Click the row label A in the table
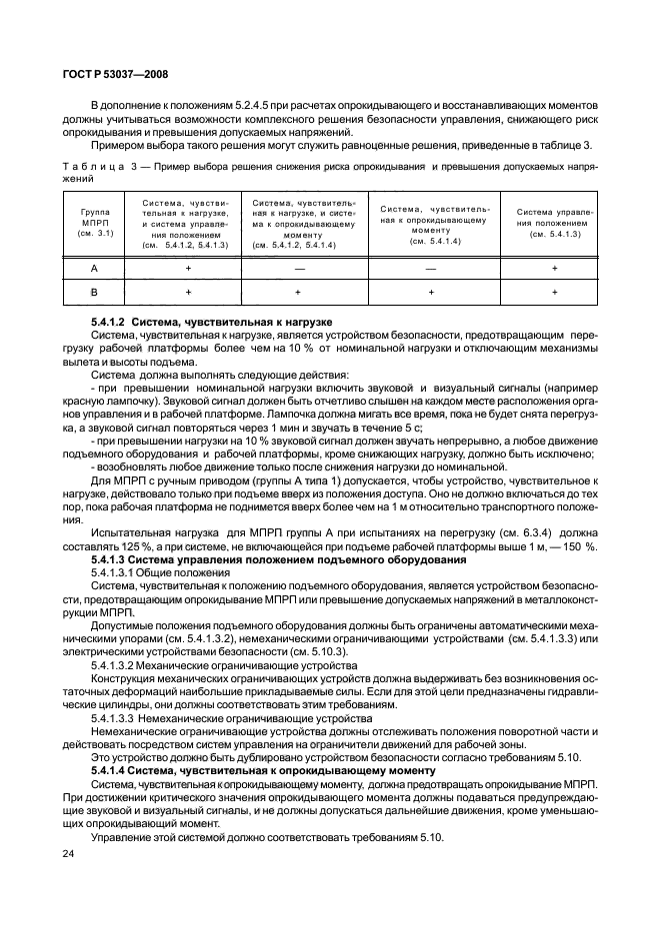tap(96, 269)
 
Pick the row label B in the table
tap(96, 292)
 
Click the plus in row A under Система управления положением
tap(554, 269)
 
